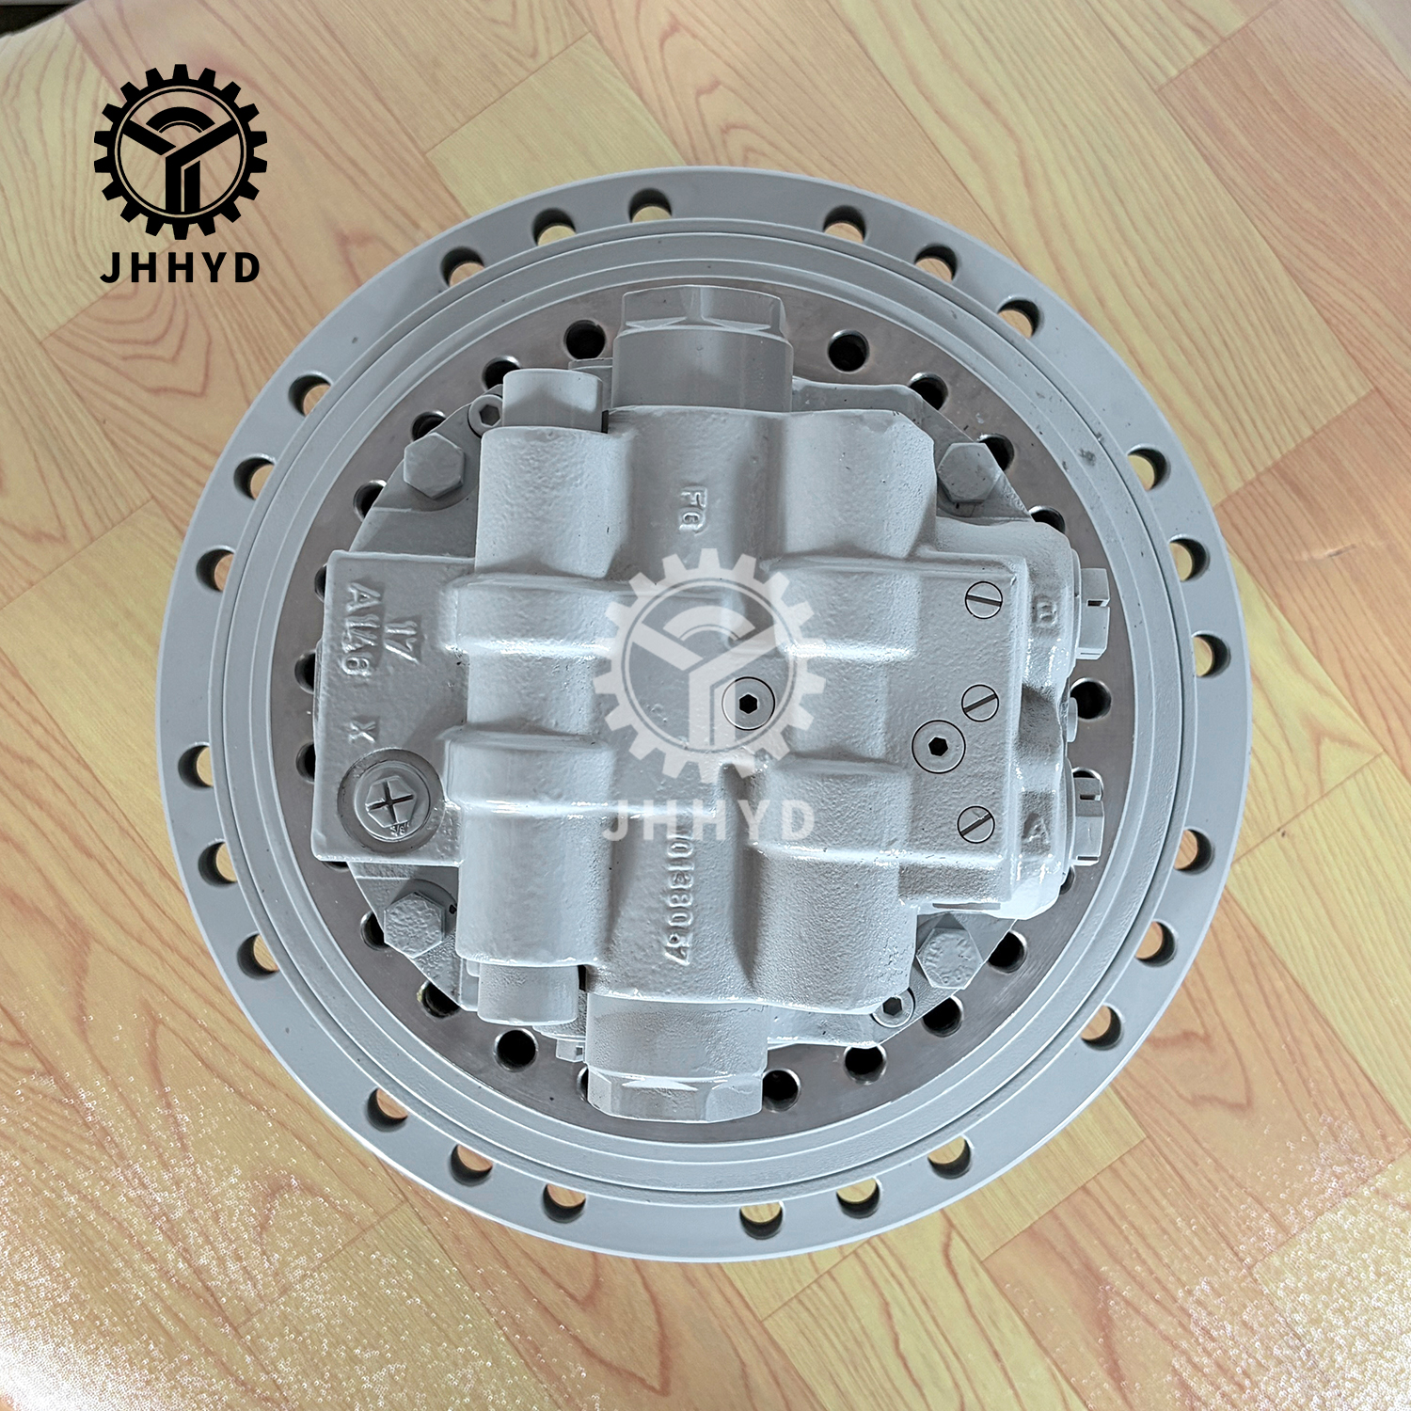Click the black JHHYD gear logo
coord(180,151)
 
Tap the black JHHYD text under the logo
coord(180,267)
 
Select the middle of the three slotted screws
coord(979,702)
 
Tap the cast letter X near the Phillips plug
coord(356,735)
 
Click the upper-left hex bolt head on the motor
coord(434,466)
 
